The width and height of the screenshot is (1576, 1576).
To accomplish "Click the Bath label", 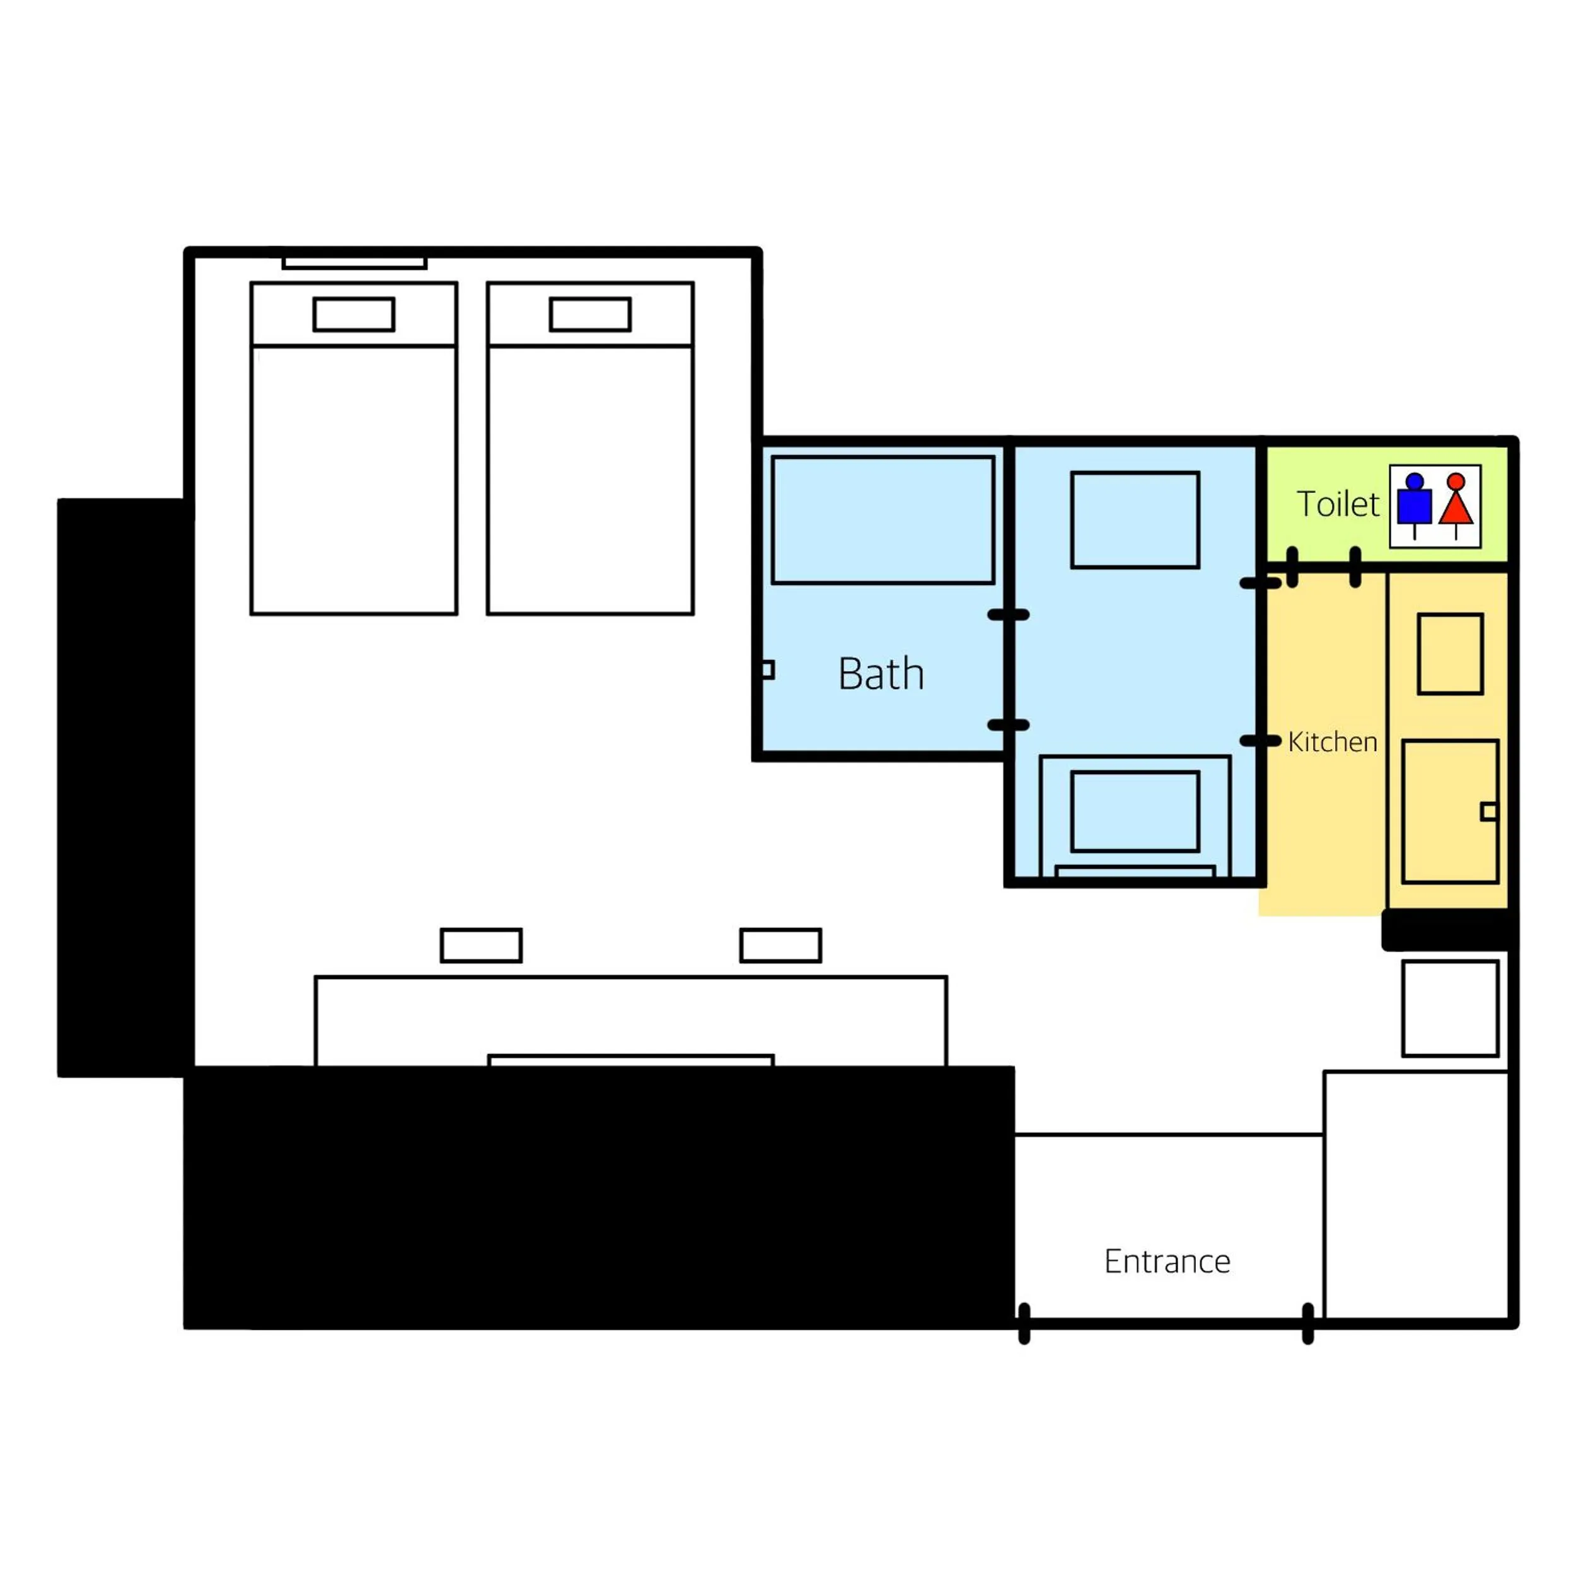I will [x=881, y=674].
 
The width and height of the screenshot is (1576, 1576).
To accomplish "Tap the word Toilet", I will [x=1338, y=504].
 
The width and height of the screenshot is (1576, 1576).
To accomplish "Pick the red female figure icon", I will [x=1456, y=502].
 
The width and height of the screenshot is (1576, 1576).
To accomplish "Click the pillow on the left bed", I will [x=354, y=314].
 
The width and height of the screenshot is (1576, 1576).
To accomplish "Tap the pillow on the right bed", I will [x=590, y=314].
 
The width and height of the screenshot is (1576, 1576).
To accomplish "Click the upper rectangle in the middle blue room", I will [x=1135, y=519].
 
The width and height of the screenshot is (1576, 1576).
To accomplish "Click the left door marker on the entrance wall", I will [x=1024, y=1323].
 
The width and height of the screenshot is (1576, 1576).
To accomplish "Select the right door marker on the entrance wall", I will [x=1307, y=1323].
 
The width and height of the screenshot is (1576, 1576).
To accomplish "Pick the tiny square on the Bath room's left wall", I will [x=767, y=669].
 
